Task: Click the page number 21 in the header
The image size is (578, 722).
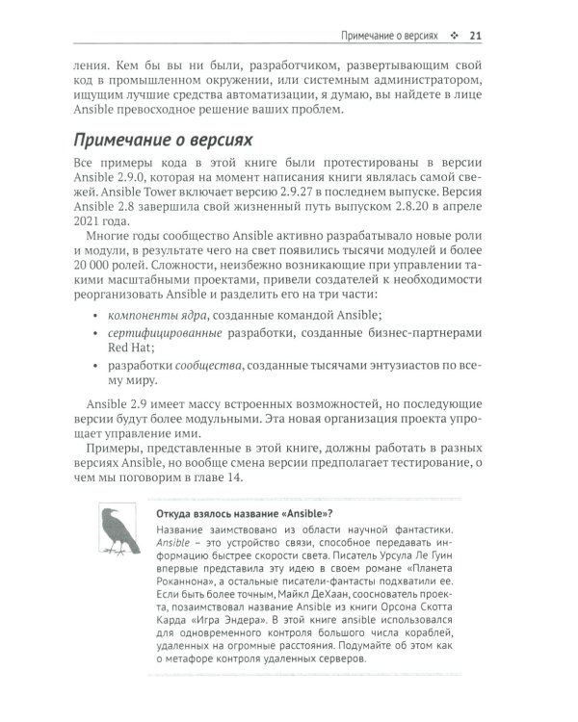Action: click(x=475, y=37)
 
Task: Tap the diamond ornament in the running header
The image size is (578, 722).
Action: click(x=453, y=37)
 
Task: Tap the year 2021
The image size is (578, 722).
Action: click(x=89, y=242)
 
